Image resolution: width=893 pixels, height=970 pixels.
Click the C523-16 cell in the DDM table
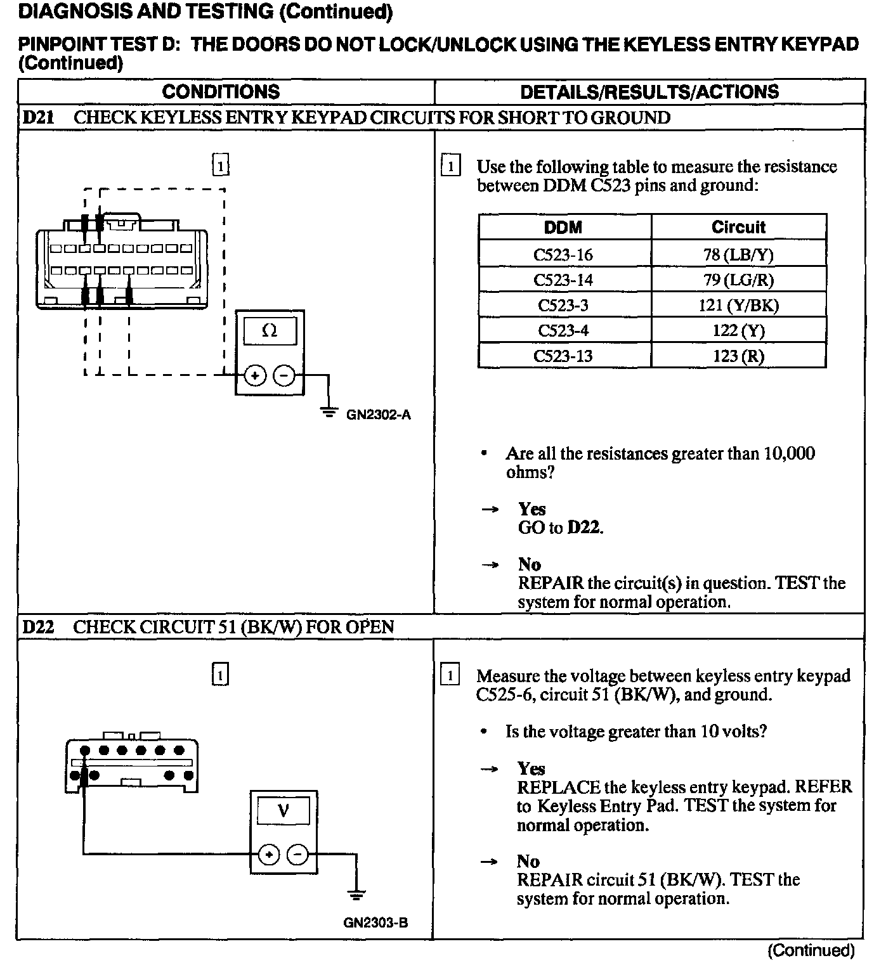click(x=563, y=254)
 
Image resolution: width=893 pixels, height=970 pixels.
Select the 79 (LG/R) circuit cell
click(x=738, y=280)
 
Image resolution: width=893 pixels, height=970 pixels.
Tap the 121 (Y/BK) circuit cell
click(x=738, y=305)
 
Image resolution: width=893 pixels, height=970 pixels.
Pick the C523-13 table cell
click(x=563, y=356)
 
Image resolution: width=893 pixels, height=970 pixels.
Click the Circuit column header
click(x=738, y=227)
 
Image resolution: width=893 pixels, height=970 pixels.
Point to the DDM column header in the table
click(x=563, y=227)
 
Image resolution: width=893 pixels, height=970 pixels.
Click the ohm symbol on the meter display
click(x=270, y=330)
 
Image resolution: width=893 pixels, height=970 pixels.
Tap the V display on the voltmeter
click(x=284, y=810)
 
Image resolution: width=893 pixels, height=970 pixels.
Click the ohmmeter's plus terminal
click(x=255, y=375)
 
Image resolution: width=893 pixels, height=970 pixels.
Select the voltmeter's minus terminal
click(x=297, y=855)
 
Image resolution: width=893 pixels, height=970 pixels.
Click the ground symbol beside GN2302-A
click(x=329, y=413)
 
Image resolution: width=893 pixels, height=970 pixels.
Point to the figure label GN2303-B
click(x=375, y=923)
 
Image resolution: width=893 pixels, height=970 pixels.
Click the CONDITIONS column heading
click(x=221, y=92)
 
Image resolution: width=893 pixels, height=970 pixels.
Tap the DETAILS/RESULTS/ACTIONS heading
click(x=649, y=92)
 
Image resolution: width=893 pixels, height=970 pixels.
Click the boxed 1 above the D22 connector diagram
click(x=219, y=675)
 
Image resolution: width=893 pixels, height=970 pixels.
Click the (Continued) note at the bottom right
click(x=811, y=950)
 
